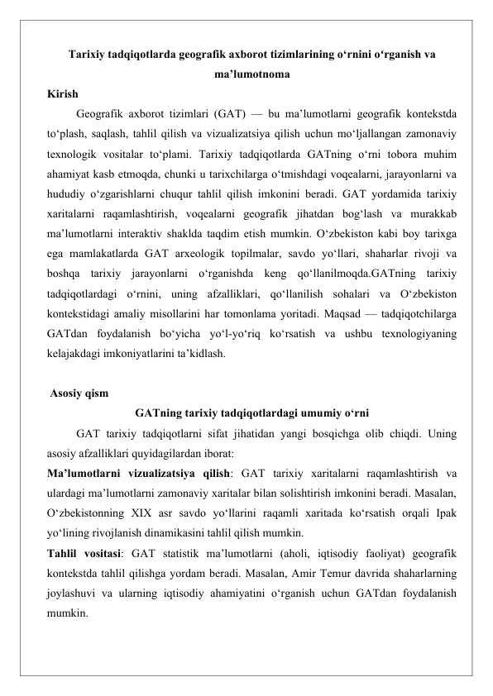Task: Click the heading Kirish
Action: pyautogui.click(x=63, y=94)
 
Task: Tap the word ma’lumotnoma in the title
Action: pyautogui.click(x=246, y=76)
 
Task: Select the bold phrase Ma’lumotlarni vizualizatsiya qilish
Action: pyautogui.click(x=137, y=473)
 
